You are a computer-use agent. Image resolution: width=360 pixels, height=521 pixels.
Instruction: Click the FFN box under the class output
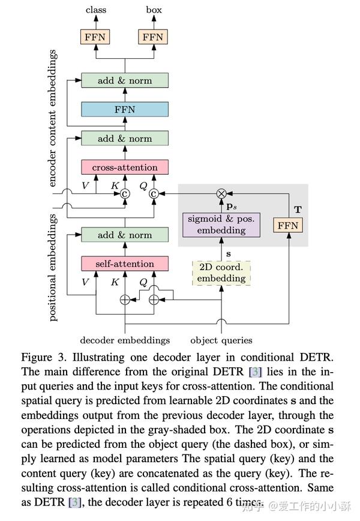(95, 37)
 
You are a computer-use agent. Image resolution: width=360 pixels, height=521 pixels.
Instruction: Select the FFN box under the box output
(153, 37)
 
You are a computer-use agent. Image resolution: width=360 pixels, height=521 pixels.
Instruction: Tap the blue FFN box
(125, 109)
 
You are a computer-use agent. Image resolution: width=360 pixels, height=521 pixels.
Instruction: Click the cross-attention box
(125, 167)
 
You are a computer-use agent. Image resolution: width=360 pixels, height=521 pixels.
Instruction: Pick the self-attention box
(125, 264)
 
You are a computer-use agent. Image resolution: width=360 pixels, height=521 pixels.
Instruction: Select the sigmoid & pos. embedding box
(221, 225)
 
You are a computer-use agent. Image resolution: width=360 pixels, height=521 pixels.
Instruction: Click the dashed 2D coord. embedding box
(221, 273)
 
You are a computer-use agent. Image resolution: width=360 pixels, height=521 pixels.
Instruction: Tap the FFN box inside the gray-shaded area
(288, 225)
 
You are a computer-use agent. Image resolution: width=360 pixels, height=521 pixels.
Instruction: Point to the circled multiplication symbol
(221, 193)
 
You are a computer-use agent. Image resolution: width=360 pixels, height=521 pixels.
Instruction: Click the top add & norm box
(125, 80)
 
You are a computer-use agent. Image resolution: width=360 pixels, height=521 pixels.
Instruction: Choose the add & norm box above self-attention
(125, 235)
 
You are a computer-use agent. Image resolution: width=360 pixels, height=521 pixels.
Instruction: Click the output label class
(96, 10)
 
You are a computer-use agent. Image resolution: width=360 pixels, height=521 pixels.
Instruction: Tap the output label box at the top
(154, 10)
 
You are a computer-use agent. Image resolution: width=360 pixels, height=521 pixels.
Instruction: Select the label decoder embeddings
(125, 340)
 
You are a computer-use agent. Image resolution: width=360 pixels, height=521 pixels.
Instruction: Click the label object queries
(221, 340)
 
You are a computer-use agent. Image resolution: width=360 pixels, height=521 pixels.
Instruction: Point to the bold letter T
(298, 209)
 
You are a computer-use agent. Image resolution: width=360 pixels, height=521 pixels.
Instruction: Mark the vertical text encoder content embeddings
(52, 118)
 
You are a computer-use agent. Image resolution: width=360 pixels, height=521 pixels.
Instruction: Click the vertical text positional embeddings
(52, 268)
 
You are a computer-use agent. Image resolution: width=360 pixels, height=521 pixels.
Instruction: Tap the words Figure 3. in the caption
(44, 358)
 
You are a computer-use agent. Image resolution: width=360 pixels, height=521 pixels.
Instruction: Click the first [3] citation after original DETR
(256, 372)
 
